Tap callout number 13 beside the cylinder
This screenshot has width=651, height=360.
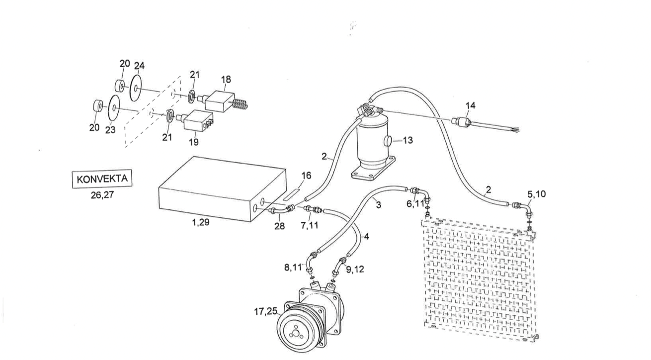(x=407, y=141)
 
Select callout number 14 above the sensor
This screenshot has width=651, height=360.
(x=470, y=105)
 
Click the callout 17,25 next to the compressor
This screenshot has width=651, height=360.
(x=266, y=312)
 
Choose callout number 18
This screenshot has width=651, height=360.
(x=226, y=79)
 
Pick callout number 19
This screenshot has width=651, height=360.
(x=193, y=142)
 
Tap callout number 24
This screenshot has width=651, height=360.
(x=139, y=66)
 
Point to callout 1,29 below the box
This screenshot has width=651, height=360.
(x=200, y=222)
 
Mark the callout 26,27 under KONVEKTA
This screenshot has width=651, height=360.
(x=102, y=195)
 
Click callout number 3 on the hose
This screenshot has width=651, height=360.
(x=379, y=204)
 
